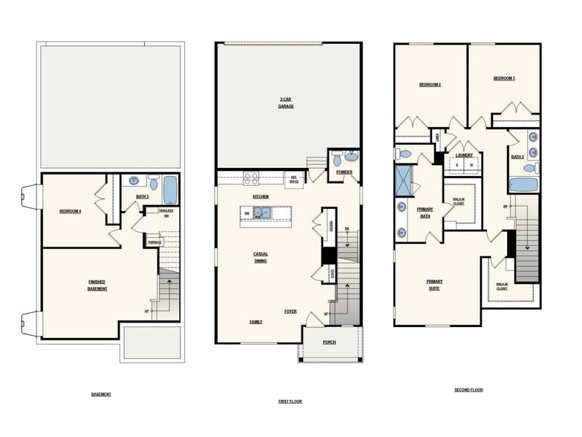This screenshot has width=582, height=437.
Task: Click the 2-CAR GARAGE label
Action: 286,102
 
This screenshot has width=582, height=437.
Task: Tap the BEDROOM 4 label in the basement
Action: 71,212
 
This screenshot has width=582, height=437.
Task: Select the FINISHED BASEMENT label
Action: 97,285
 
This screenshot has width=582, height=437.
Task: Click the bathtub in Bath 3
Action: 170,190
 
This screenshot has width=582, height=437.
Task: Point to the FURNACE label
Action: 154,242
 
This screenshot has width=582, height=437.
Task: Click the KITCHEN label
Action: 260,196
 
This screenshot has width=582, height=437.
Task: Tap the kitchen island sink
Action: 262,213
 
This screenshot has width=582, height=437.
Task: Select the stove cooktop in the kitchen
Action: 250,178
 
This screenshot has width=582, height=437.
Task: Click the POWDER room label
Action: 344,172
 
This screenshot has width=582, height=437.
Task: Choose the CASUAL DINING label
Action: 260,257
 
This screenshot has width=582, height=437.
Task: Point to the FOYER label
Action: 290,311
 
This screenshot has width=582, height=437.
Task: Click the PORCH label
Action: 329,343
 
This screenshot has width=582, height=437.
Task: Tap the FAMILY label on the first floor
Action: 256,322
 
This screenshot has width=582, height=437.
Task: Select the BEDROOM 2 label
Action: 430,85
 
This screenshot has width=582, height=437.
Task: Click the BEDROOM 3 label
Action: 504,78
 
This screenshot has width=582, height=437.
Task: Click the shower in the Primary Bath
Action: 405,181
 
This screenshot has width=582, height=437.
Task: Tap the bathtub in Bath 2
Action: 523,185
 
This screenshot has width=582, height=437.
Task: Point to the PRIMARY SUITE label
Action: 434,285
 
